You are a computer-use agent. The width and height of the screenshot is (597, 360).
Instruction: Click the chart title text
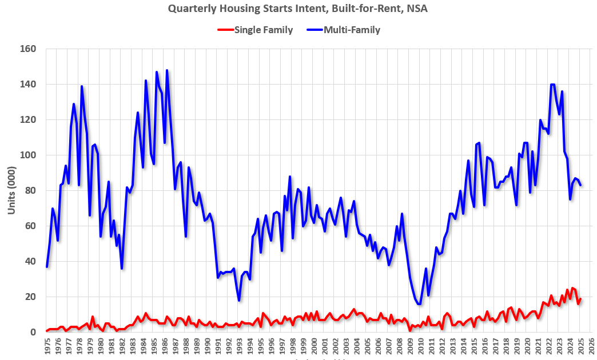298,9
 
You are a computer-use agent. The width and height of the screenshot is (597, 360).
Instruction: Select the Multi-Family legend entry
352,30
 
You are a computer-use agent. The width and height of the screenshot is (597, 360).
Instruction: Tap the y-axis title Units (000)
11,190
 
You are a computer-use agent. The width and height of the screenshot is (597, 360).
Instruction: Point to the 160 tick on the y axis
29,49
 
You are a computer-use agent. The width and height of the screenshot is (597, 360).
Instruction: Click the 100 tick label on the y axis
29,155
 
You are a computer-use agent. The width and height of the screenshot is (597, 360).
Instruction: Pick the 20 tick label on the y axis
31,297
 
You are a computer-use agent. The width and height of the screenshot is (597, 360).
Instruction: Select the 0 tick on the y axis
34,333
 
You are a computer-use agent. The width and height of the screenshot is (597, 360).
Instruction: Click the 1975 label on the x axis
47,347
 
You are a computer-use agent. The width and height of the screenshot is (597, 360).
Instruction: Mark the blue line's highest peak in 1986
167,70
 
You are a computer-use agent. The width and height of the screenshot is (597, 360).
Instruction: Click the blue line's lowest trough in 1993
239,301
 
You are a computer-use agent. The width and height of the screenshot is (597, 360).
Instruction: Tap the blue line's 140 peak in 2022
552,85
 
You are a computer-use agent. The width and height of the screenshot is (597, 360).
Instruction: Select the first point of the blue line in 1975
47,267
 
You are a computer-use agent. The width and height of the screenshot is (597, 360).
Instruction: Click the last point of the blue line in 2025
580,185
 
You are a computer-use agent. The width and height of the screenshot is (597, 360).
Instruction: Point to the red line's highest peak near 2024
572,288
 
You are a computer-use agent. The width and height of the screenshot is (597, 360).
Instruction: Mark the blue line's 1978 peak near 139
82,86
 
